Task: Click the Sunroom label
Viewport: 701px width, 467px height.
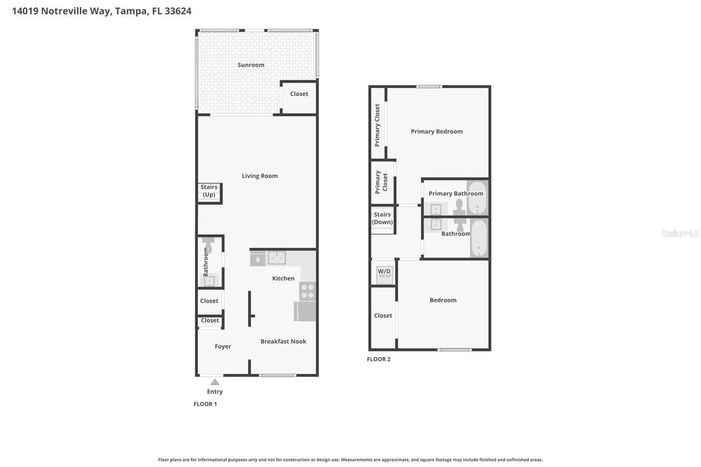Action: click(251, 65)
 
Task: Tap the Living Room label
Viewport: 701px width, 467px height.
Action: click(260, 176)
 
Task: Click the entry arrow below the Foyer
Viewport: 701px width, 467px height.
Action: click(215, 382)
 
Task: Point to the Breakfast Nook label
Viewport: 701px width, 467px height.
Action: click(283, 341)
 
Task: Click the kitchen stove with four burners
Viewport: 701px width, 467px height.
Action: click(307, 291)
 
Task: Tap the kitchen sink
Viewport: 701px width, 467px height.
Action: click(277, 258)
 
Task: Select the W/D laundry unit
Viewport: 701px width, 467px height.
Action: click(384, 272)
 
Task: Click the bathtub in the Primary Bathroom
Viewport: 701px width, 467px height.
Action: click(477, 197)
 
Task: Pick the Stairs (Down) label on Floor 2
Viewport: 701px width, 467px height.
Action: click(382, 218)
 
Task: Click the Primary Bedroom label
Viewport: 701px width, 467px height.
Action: click(436, 131)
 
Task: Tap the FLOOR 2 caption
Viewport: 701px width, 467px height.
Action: click(378, 359)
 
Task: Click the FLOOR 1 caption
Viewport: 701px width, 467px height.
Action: click(205, 404)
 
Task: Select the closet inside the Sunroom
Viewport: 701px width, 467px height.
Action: click(299, 97)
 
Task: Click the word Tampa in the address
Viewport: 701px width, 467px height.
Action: click(131, 11)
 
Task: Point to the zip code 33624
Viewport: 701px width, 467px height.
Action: click(178, 11)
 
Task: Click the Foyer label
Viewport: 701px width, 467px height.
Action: click(223, 346)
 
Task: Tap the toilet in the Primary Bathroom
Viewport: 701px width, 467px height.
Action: click(459, 206)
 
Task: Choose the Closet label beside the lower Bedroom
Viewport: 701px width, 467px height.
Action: click(383, 315)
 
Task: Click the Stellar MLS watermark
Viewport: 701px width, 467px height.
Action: click(680, 234)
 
